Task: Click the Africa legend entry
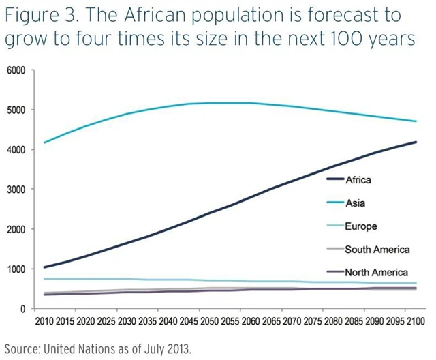click(x=358, y=180)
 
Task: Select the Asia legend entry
click(x=356, y=203)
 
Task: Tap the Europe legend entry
click(x=360, y=226)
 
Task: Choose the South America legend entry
click(x=377, y=250)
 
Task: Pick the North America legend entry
click(x=376, y=273)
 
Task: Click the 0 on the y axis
click(x=22, y=309)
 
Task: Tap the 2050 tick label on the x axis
click(x=209, y=321)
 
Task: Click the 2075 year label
click(x=313, y=321)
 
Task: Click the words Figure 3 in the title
click(x=34, y=15)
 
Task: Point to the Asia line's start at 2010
click(x=44, y=142)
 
